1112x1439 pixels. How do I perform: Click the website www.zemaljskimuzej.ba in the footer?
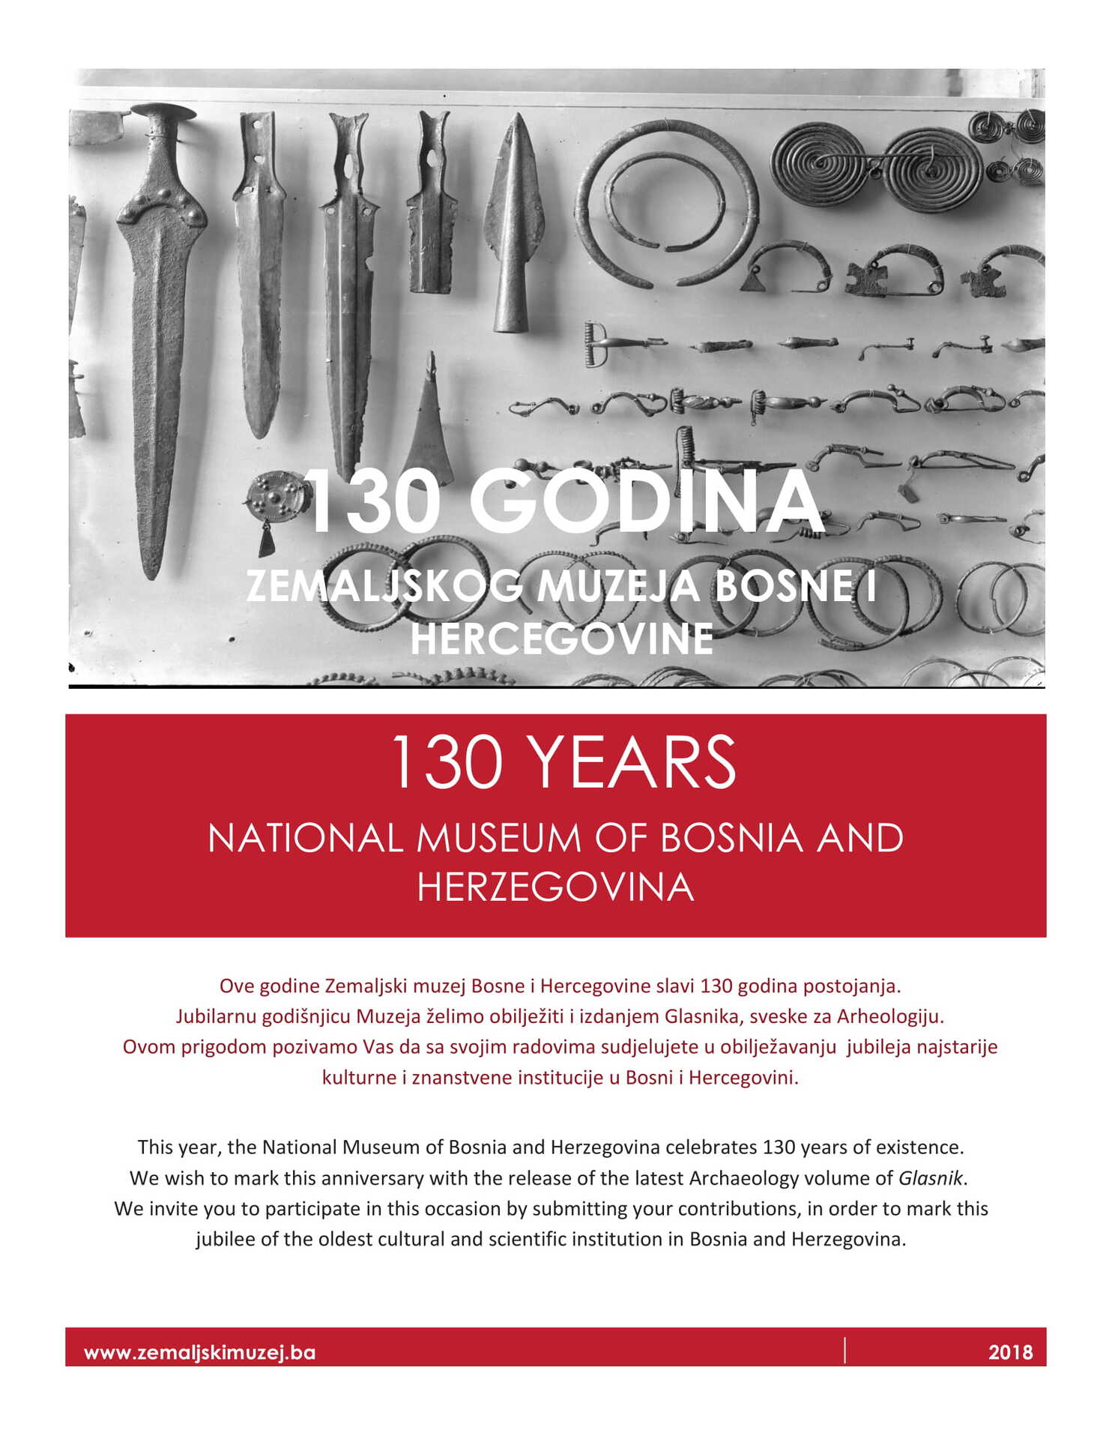pyautogui.click(x=199, y=1352)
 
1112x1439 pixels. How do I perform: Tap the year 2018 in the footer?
pyautogui.click(x=1010, y=1352)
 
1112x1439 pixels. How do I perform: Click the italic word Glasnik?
pyautogui.click(x=930, y=1177)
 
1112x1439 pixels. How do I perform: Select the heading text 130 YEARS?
pyautogui.click(x=563, y=762)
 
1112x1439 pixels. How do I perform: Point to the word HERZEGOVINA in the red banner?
pyautogui.click(x=555, y=887)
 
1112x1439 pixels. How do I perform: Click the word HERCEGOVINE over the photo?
pyautogui.click(x=561, y=639)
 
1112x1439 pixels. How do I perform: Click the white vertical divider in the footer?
pyautogui.click(x=845, y=1349)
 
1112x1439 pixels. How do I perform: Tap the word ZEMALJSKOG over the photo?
pyautogui.click(x=384, y=585)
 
